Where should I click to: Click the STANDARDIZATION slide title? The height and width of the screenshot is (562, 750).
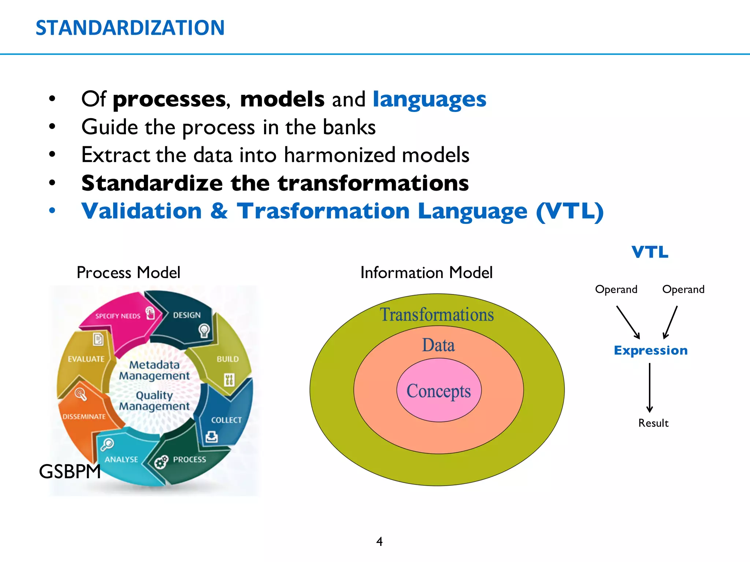130,28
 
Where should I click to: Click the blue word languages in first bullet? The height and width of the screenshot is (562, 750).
429,100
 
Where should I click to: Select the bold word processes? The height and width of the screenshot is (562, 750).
169,100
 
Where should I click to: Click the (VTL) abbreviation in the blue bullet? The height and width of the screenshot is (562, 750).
569,211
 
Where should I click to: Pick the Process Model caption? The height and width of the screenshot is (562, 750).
128,273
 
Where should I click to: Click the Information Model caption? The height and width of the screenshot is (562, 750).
426,273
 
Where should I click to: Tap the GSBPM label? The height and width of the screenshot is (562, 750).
70,471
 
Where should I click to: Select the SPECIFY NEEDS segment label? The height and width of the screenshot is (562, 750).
118,316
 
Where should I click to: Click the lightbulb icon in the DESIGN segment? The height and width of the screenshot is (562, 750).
204,330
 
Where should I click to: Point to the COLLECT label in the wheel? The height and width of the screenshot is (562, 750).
226,420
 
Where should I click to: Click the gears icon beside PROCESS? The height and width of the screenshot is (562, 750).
161,462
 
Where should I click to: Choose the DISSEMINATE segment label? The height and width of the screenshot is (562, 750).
84,417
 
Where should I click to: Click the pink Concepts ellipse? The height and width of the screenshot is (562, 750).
439,391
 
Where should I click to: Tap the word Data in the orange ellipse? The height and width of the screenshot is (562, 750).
438,345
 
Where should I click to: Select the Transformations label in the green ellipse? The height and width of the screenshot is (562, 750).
437,315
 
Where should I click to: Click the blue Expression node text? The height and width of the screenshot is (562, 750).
650,351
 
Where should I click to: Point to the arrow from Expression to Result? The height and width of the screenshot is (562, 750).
650,388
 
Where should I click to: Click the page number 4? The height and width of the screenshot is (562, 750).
379,541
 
